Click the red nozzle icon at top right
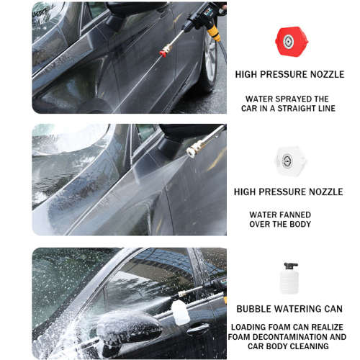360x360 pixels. [291, 40]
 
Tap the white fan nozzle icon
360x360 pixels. [291, 161]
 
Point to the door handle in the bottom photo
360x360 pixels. [197, 329]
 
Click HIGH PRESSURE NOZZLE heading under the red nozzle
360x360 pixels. [290, 74]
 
